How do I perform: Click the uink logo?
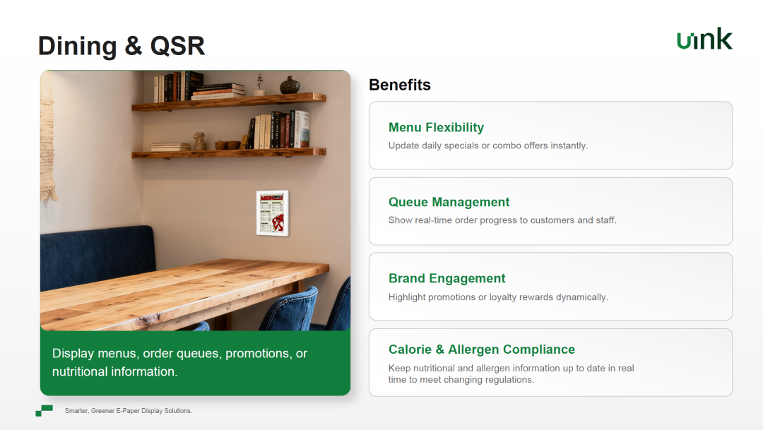click(704, 39)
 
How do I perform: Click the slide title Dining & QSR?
click(122, 46)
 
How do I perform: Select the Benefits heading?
click(399, 85)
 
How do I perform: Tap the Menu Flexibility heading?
click(436, 127)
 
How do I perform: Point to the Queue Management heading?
click(449, 202)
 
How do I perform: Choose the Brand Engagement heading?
click(446, 278)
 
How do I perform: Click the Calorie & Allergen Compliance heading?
click(481, 350)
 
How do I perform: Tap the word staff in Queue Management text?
click(606, 220)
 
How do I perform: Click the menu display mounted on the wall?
click(273, 213)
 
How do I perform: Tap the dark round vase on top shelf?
click(290, 85)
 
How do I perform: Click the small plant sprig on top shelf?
click(259, 85)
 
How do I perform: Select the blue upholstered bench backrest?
click(97, 257)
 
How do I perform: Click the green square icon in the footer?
click(45, 410)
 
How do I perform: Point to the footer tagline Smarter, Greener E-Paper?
click(129, 411)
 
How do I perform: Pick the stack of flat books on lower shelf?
click(170, 146)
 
